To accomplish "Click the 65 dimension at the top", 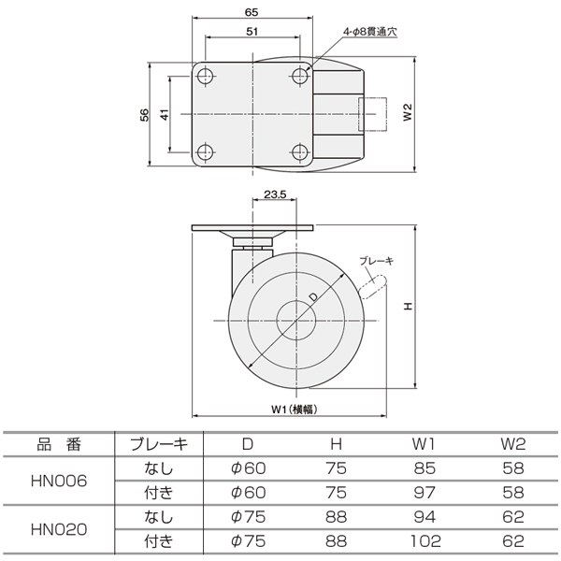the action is (x=252, y=12).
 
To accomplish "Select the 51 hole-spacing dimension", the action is (x=252, y=32).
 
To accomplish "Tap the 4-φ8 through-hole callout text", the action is (x=370, y=32).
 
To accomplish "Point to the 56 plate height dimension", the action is (x=144, y=115).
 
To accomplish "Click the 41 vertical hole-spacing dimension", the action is (x=165, y=115).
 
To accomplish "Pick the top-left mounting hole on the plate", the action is (x=206, y=76).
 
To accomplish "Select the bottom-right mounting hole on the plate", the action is (x=300, y=152).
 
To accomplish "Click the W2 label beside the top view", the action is (x=408, y=112).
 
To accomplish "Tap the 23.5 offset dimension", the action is (x=275, y=194).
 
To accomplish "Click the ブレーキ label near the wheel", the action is (x=377, y=261).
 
